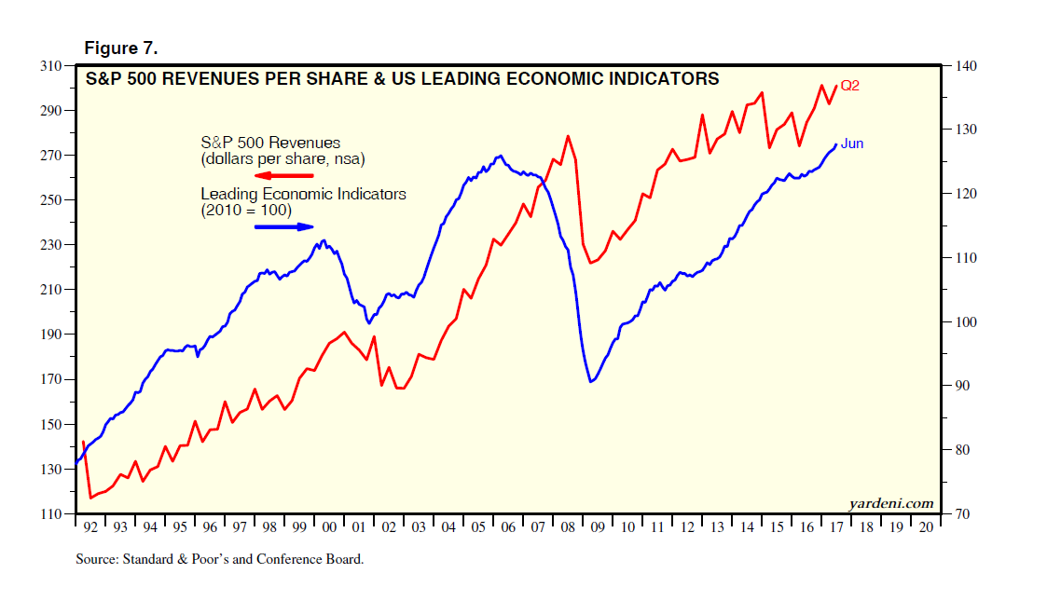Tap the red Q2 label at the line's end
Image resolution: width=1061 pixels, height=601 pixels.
point(849,86)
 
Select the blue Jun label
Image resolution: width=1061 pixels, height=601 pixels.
point(852,143)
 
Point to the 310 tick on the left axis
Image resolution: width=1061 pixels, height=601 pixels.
point(54,66)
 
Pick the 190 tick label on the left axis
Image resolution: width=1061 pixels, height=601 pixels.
point(54,335)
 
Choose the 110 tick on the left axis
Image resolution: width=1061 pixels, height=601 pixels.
point(54,514)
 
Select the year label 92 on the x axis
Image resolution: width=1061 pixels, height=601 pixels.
point(90,527)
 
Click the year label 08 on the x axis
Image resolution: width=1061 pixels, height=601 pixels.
point(568,527)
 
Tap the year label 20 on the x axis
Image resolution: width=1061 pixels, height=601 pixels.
point(926,527)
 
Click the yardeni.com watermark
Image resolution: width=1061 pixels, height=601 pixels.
point(891,503)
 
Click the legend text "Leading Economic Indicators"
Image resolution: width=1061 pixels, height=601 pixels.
point(304,195)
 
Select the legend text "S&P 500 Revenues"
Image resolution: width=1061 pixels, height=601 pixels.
point(270,143)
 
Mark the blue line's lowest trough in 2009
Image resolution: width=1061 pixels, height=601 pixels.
point(591,382)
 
